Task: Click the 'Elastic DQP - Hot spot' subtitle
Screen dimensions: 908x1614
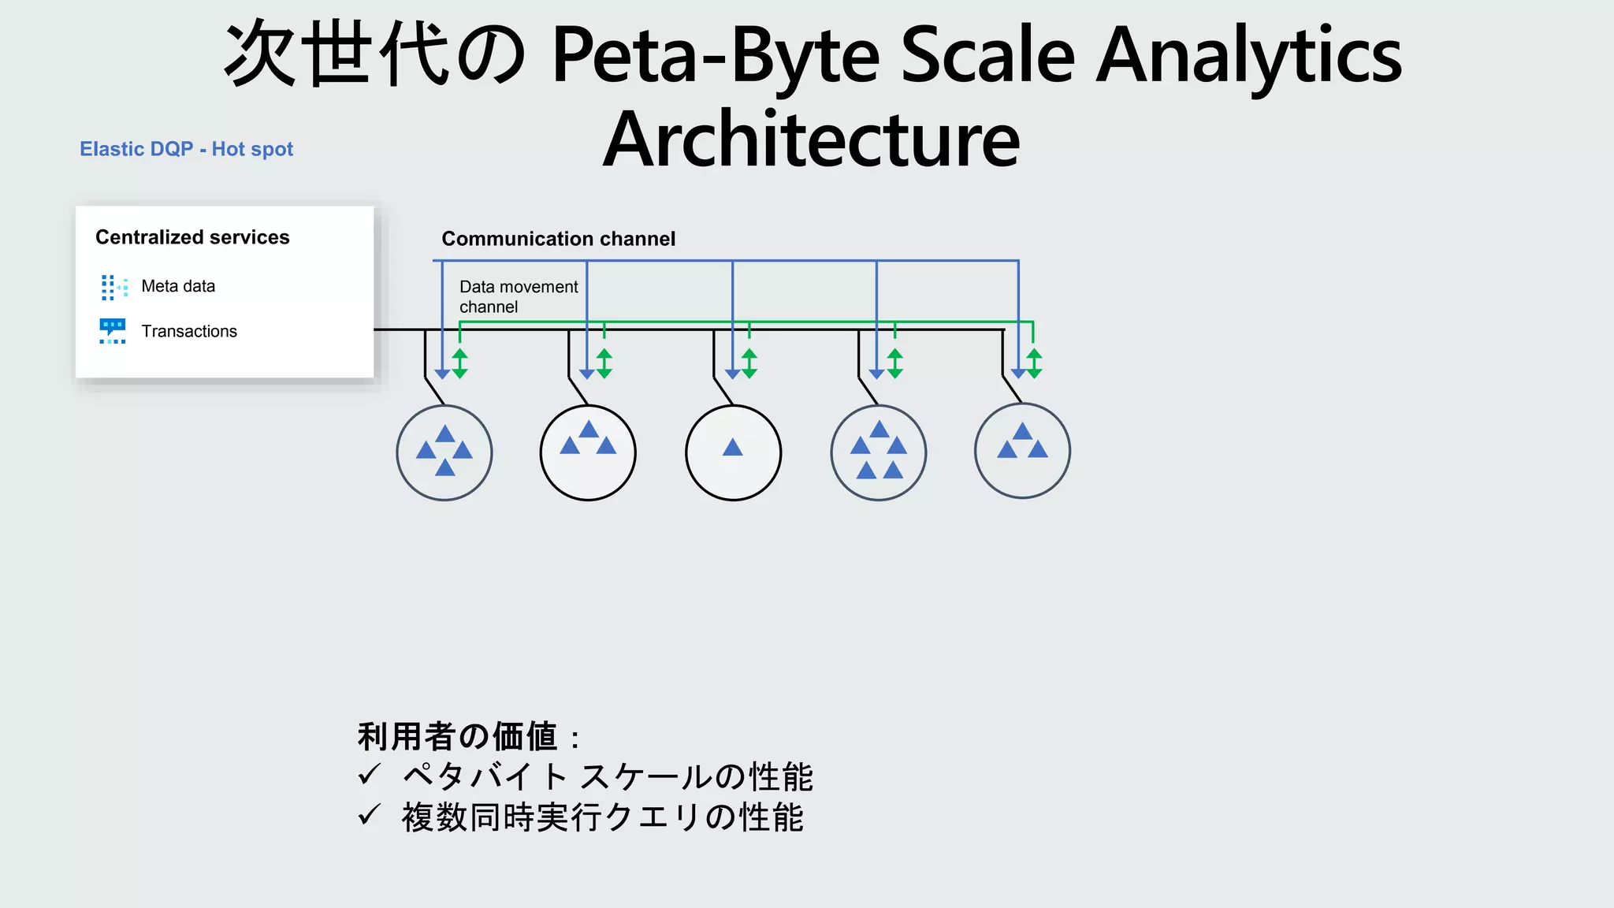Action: pyautogui.click(x=186, y=149)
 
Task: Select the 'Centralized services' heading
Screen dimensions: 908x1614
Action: pyautogui.click(x=192, y=237)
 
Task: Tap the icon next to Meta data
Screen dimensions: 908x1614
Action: pyautogui.click(x=113, y=287)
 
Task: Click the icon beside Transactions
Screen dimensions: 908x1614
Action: pyautogui.click(x=113, y=331)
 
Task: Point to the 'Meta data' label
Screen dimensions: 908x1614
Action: pyautogui.click(x=178, y=286)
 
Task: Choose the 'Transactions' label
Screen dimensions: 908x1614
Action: pyautogui.click(x=189, y=331)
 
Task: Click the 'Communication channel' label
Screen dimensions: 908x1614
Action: pyautogui.click(x=558, y=239)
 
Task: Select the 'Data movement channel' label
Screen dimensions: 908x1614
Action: pyautogui.click(x=518, y=296)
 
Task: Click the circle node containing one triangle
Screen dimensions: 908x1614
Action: pyautogui.click(x=733, y=452)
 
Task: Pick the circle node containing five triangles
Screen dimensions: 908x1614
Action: pyautogui.click(x=878, y=452)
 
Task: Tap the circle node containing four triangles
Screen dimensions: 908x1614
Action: pyautogui.click(x=444, y=452)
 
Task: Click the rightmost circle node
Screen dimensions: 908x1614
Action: pyautogui.click(x=1022, y=451)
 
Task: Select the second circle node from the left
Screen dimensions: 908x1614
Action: pyautogui.click(x=588, y=452)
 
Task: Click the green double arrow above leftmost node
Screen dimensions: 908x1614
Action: pyautogui.click(x=460, y=363)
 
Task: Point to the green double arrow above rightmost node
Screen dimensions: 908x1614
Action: pyautogui.click(x=1034, y=363)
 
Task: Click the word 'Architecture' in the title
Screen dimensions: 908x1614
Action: pyautogui.click(x=812, y=140)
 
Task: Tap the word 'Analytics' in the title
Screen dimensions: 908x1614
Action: pyautogui.click(x=1249, y=55)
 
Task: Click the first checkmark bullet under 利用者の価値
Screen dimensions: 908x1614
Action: pyautogui.click(x=369, y=776)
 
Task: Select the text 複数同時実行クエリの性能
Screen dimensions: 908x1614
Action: pyautogui.click(x=602, y=817)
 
